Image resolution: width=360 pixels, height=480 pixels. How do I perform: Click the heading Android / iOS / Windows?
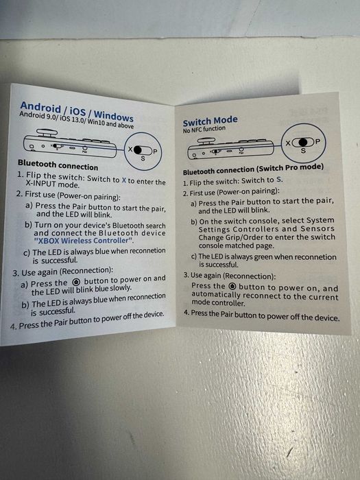[x=77, y=111]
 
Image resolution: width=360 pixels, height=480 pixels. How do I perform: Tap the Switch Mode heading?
[x=210, y=121]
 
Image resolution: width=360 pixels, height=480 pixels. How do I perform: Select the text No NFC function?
[x=204, y=129]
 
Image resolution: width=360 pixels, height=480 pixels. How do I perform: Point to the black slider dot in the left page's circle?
[x=138, y=149]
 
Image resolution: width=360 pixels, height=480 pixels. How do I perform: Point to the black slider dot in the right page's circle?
[x=303, y=142]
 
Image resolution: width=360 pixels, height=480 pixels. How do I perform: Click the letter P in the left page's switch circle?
[x=155, y=152]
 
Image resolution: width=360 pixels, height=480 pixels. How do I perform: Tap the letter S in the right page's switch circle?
[x=303, y=151]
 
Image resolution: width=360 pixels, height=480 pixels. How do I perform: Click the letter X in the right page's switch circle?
[x=289, y=143]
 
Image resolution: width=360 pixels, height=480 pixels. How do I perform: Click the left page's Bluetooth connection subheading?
[x=58, y=165]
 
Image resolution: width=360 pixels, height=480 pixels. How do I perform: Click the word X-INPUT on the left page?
[x=41, y=184]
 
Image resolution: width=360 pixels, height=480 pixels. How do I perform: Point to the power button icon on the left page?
[x=77, y=282]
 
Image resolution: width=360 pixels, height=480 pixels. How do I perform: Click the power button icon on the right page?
[x=232, y=286]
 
